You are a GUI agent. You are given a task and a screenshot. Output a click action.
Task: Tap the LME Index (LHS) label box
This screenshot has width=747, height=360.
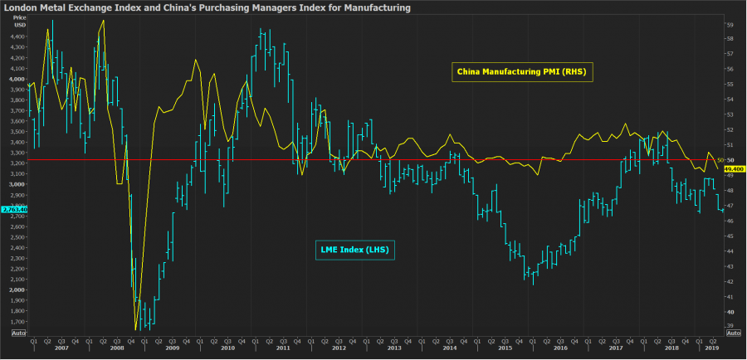pyautogui.click(x=354, y=249)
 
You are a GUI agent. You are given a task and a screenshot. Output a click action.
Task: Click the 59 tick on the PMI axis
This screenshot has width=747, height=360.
pyautogui.click(x=730, y=25)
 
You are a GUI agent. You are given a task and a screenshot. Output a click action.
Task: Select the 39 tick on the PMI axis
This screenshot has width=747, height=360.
pyautogui.click(x=730, y=325)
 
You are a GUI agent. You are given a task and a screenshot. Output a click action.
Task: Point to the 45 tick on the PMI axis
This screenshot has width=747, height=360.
pyautogui.click(x=730, y=236)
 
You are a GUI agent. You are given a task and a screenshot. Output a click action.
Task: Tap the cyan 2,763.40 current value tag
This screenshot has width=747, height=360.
pyautogui.click(x=14, y=209)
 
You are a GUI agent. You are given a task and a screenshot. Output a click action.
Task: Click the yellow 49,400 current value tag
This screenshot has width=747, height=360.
pyautogui.click(x=735, y=168)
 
